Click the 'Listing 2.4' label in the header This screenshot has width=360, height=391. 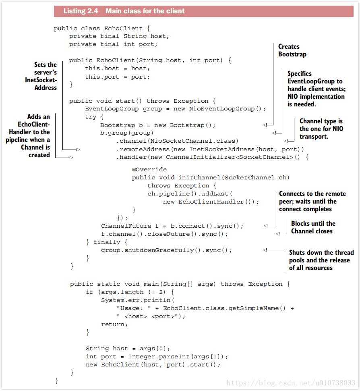tap(80, 11)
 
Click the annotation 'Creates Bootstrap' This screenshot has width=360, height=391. tap(292, 50)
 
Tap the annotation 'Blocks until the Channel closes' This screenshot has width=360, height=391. tap(313, 227)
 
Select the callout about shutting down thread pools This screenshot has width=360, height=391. tap(321, 260)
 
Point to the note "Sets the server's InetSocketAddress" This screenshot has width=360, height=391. tap(41, 76)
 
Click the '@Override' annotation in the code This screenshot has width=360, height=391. tap(149, 170)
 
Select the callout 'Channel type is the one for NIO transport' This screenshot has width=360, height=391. tap(321, 129)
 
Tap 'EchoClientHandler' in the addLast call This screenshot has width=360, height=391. tap(212, 202)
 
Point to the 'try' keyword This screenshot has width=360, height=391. tap(91, 117)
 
